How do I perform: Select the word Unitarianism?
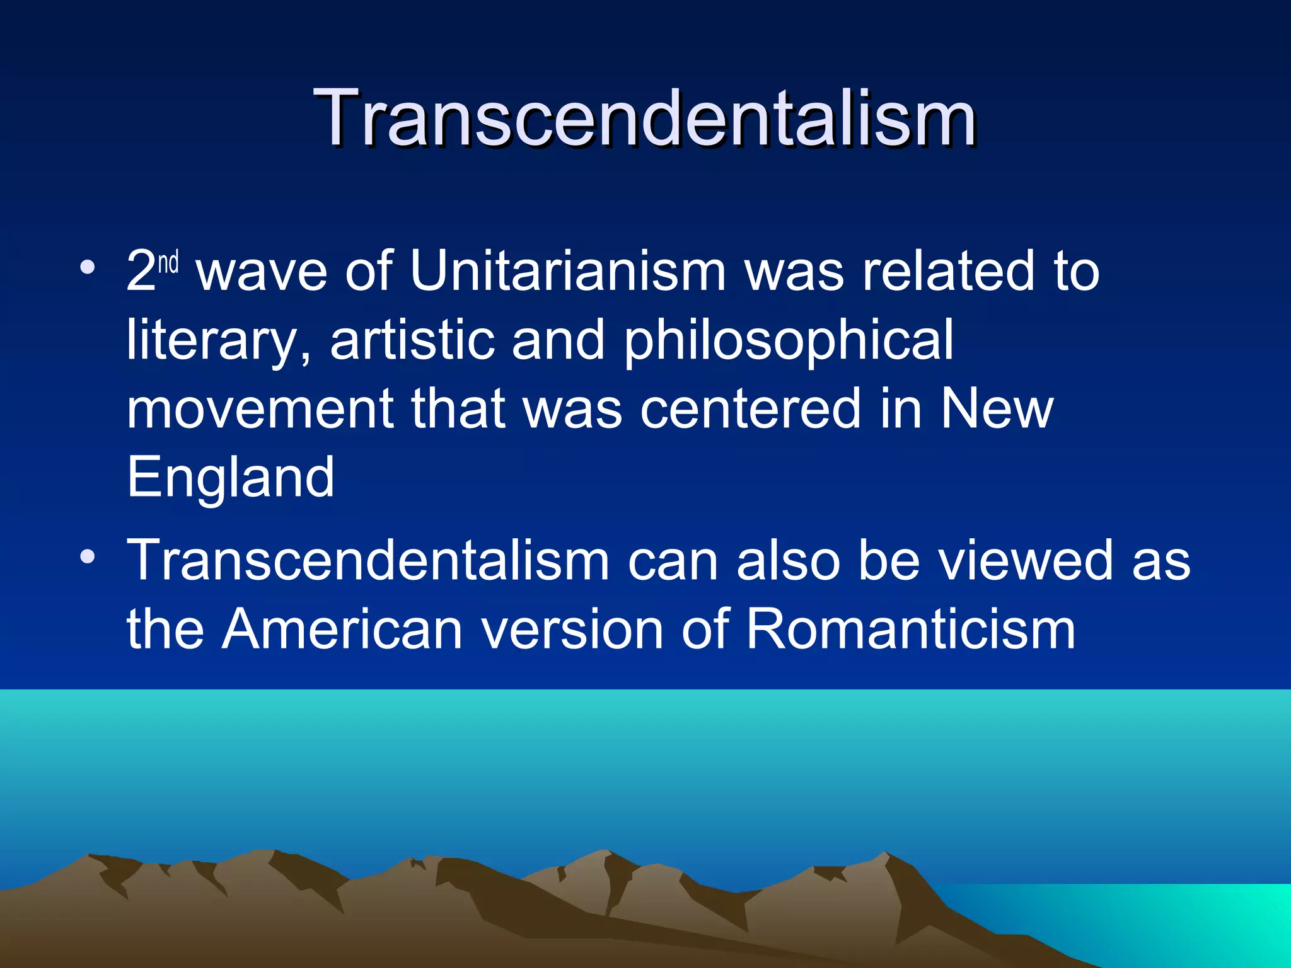(568, 272)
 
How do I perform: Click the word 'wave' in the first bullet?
(262, 272)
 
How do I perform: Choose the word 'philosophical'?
(789, 340)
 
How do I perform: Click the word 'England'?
(230, 478)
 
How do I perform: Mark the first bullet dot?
(88, 268)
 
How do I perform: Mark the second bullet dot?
(88, 556)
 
